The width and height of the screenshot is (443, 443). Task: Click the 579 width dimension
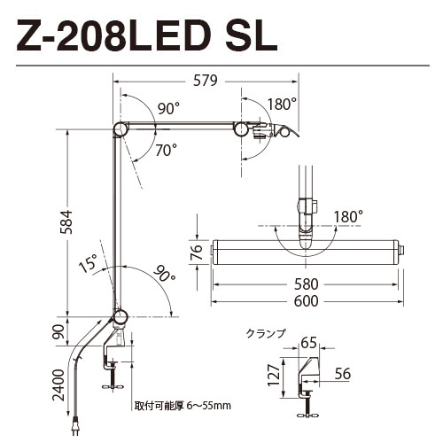tap(206, 81)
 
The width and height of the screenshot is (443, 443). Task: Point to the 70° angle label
tap(167, 150)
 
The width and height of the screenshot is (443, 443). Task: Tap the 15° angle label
tap(89, 262)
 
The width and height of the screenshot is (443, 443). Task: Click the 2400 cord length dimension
tap(58, 385)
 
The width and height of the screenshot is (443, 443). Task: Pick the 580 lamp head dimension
tap(307, 284)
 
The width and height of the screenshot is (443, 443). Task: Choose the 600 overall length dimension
tap(307, 301)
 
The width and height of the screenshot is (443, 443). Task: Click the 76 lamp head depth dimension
tap(197, 252)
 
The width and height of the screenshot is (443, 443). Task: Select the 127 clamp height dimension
tap(274, 375)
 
